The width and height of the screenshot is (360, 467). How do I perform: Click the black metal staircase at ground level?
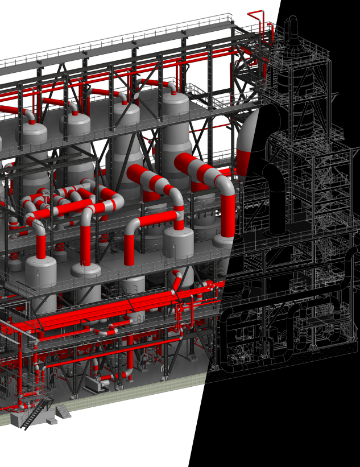point(35,413)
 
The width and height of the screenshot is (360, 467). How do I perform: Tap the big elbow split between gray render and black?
point(248,142)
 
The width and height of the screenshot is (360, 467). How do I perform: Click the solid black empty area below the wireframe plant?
point(284,421)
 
